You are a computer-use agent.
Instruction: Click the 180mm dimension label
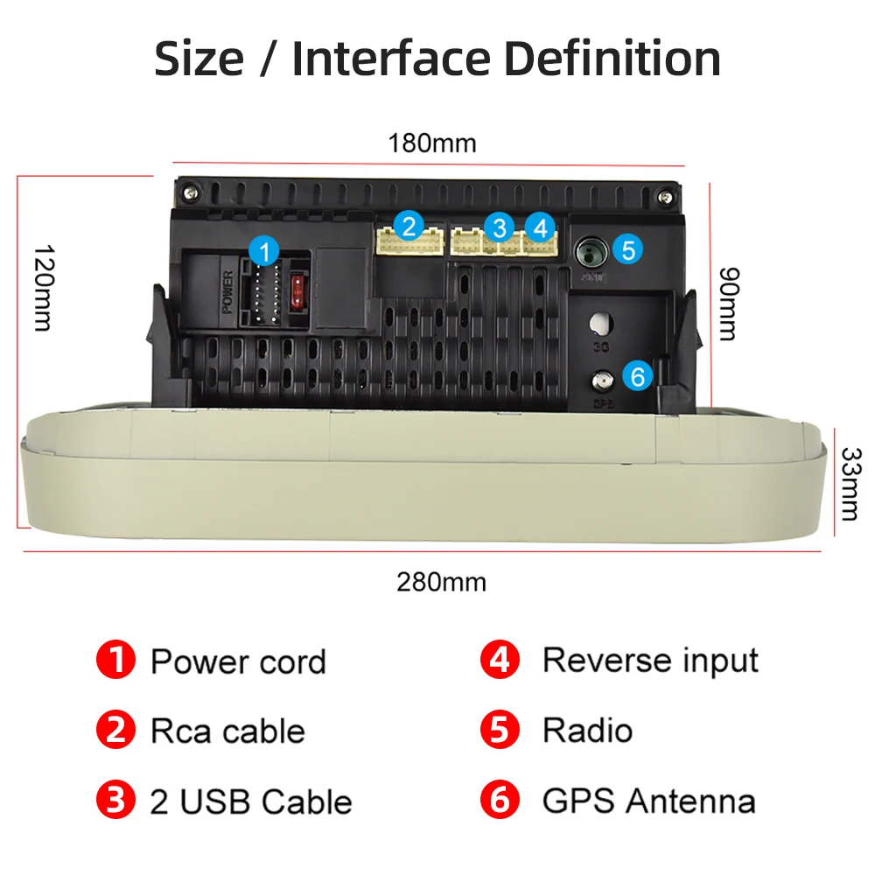[x=432, y=143]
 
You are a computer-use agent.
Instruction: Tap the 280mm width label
[x=441, y=581]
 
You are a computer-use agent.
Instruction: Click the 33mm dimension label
[x=849, y=483]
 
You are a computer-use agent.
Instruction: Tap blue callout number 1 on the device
[x=263, y=251]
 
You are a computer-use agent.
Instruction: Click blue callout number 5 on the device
[x=627, y=250]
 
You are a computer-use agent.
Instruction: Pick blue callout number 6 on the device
[x=637, y=376]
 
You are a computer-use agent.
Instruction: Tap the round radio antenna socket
[x=590, y=254]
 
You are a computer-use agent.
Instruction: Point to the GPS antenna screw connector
[x=602, y=381]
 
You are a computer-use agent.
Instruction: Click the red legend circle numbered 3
[x=115, y=801]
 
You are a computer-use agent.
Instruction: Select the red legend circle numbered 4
[x=500, y=660]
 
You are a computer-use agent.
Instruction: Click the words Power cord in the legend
[x=238, y=661]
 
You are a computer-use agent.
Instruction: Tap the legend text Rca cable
[x=227, y=731]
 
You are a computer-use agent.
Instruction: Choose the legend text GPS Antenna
[x=648, y=801]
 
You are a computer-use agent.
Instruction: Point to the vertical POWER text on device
[x=228, y=292]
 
